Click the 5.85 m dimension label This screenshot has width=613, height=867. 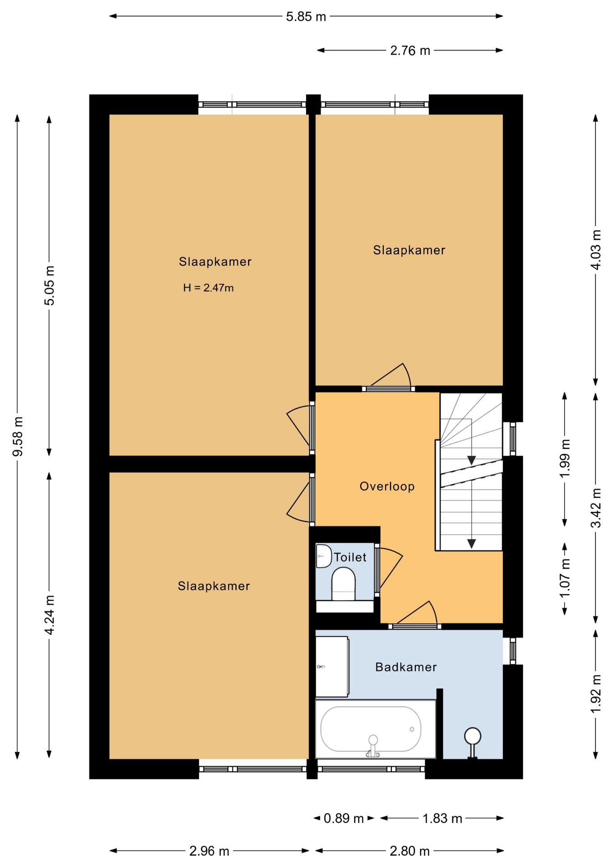306,17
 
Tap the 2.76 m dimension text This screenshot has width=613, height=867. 410,51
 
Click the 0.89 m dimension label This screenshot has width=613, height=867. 344,818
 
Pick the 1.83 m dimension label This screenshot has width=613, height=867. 442,818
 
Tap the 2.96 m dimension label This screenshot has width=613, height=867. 209,851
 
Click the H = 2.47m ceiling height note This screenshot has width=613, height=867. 209,288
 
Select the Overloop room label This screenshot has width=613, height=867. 387,486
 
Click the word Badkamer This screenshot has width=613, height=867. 406,667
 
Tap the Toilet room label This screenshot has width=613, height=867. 350,557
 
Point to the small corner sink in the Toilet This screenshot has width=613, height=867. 324,556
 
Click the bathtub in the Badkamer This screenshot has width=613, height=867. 375,729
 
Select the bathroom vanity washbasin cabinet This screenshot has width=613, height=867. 332,667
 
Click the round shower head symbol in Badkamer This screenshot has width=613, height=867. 473,736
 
